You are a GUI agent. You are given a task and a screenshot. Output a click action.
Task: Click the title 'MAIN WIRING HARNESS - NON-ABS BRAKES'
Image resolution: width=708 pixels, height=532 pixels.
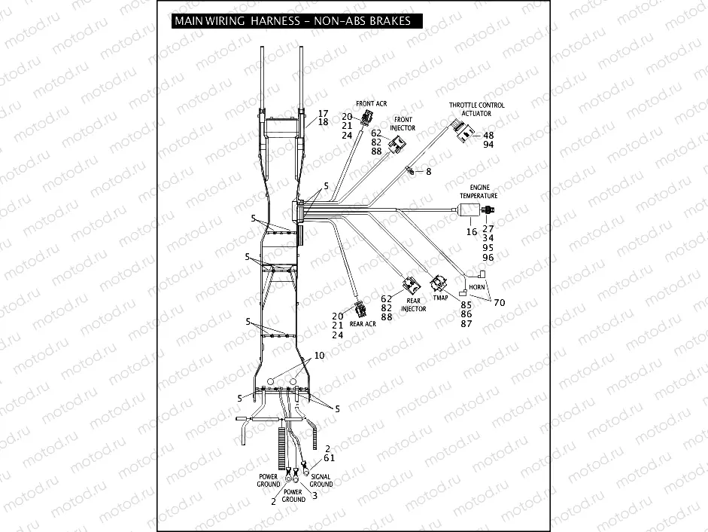click(x=292, y=21)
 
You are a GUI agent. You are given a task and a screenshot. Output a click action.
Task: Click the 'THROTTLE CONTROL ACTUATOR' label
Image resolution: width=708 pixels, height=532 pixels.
click(x=477, y=109)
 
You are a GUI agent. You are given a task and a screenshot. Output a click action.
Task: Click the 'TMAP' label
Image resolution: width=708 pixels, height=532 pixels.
click(x=439, y=298)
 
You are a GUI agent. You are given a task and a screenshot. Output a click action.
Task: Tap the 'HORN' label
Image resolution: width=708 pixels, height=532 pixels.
click(x=476, y=288)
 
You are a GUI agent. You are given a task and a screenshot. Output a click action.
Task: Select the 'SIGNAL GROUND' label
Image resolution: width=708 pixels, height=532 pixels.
click(x=321, y=480)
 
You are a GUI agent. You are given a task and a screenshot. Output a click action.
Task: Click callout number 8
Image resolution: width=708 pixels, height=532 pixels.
click(x=429, y=173)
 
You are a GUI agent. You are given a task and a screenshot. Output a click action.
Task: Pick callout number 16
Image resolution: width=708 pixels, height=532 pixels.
click(x=472, y=233)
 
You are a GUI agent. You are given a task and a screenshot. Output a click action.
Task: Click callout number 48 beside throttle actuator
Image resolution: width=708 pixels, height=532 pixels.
click(x=488, y=136)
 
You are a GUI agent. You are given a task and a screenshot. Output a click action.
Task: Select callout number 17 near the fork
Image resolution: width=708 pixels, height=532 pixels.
click(x=323, y=113)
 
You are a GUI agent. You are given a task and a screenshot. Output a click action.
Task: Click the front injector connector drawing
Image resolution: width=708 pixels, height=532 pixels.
click(x=397, y=145)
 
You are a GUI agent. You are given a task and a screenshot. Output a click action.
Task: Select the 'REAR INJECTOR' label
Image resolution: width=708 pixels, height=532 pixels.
click(x=413, y=304)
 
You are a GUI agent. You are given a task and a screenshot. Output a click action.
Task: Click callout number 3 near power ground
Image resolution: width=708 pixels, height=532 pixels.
click(x=314, y=495)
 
